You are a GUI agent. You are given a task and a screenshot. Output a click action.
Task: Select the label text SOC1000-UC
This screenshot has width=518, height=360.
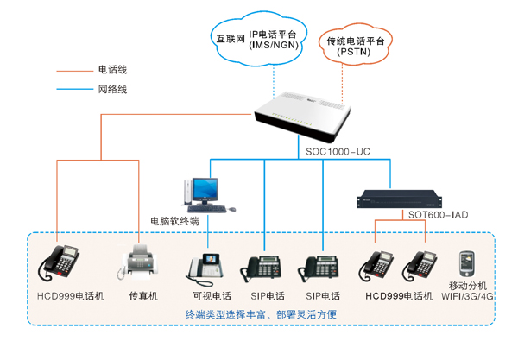click(x=338, y=151)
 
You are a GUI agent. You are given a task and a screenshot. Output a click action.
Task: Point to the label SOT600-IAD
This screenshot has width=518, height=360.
click(x=438, y=213)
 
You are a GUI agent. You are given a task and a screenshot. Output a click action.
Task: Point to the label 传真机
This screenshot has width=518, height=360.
click(x=143, y=295)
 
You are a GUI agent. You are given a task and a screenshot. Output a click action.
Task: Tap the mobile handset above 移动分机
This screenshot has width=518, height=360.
click(x=470, y=262)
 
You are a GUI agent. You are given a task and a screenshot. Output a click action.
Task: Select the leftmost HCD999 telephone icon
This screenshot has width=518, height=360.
click(x=61, y=261)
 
